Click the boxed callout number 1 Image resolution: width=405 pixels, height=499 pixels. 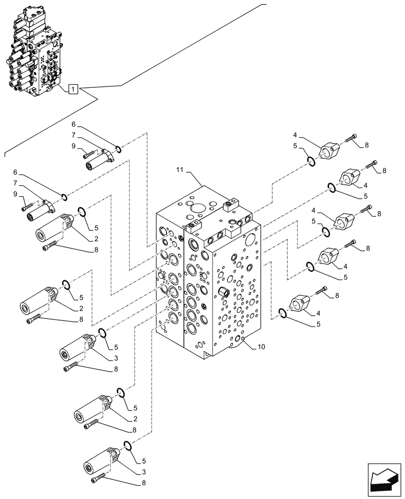[x=73, y=90]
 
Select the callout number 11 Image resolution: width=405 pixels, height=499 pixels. [x=181, y=172]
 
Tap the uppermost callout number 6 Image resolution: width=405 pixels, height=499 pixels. [x=73, y=124]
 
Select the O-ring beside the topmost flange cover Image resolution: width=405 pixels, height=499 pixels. [x=310, y=161]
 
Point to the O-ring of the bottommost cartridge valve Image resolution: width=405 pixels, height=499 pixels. [x=127, y=445]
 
